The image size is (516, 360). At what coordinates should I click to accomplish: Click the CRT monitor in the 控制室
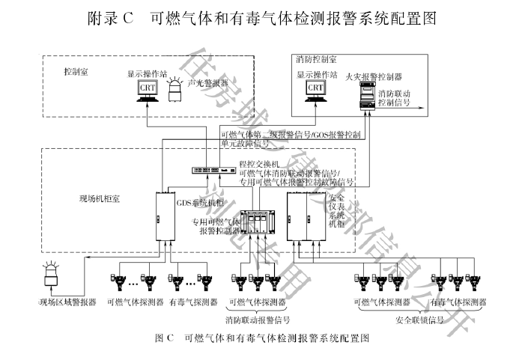coord(147,90)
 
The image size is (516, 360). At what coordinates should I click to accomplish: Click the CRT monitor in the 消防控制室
coord(315,89)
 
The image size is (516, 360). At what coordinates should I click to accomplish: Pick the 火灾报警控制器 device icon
coord(367,96)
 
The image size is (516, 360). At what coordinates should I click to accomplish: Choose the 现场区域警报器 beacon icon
coord(52,276)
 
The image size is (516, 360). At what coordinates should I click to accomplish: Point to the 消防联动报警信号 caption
coord(258,320)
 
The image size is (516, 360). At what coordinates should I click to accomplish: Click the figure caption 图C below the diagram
coord(258,338)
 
